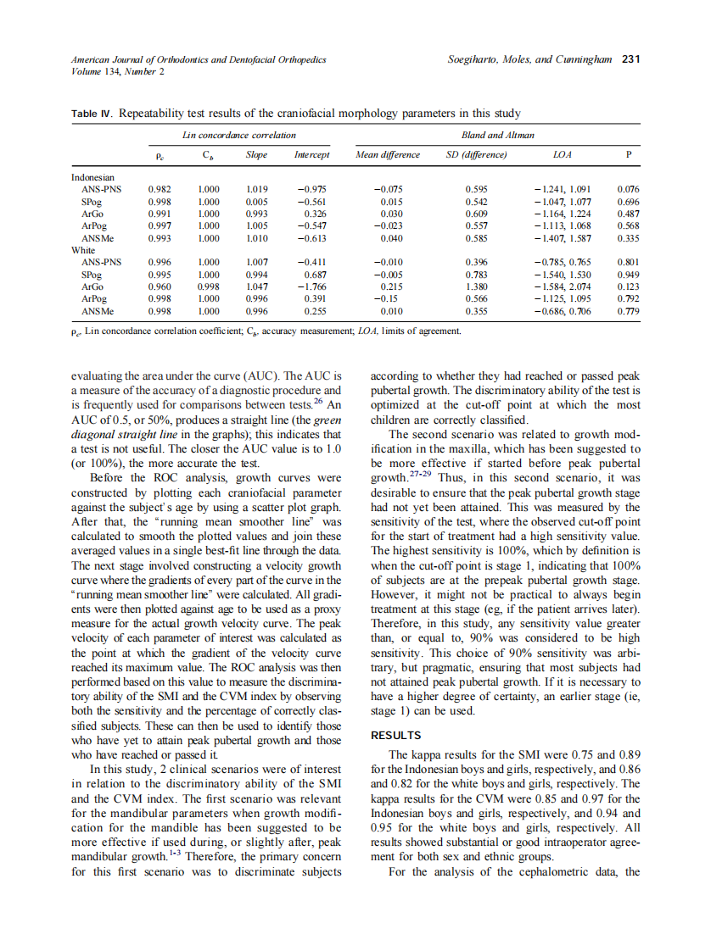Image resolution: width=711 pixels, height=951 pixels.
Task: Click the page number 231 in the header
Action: point(630,59)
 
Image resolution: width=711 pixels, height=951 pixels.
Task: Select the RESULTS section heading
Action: point(396,736)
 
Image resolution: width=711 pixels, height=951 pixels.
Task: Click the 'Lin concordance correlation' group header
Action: point(239,135)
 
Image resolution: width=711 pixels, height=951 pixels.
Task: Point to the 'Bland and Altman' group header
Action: point(497,135)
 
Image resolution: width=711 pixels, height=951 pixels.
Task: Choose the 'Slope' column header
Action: point(256,155)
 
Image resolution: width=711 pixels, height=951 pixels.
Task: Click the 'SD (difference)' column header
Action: point(476,155)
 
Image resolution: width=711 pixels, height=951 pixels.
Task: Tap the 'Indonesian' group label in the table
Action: point(93,177)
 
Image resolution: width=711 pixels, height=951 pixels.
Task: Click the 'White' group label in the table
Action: point(83,251)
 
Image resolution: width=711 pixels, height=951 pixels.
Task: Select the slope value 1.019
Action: point(255,189)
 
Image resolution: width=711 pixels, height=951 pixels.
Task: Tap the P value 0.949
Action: point(628,275)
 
